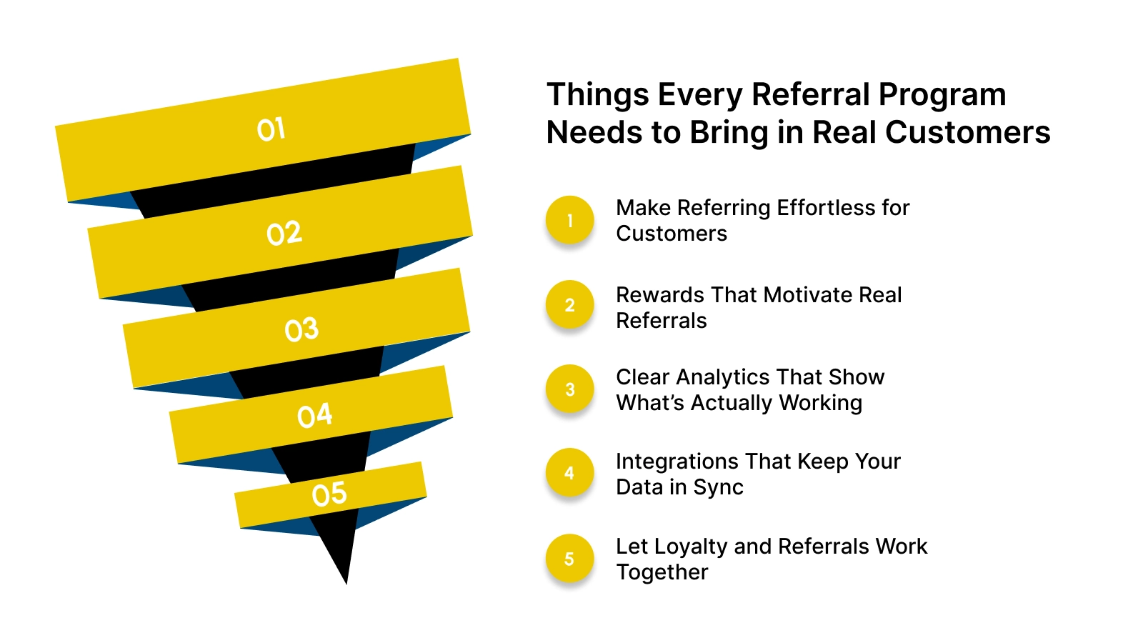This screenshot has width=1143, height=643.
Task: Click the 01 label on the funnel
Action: [271, 129]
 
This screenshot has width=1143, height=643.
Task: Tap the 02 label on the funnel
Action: [284, 234]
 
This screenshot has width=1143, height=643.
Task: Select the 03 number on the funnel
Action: [301, 329]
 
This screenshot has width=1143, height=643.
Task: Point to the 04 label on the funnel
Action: [315, 415]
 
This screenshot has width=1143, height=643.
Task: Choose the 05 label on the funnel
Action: [329, 494]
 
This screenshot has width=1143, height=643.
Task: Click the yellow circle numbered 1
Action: [569, 220]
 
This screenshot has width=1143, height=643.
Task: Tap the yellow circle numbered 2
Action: [569, 305]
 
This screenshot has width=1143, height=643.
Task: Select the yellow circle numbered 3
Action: [569, 389]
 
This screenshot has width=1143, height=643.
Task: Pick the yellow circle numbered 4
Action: [569, 473]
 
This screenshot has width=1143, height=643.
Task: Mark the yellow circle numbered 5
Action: [569, 559]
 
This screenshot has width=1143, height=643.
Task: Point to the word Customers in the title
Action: [967, 133]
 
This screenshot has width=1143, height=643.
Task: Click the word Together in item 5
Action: [662, 572]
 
